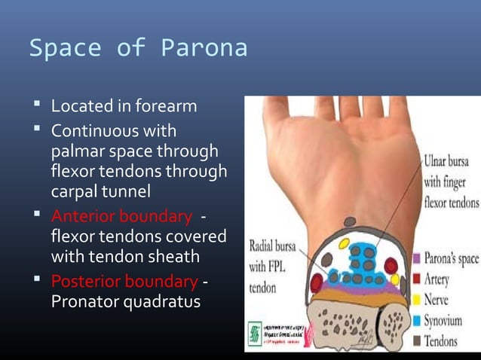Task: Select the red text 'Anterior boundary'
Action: (121, 217)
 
